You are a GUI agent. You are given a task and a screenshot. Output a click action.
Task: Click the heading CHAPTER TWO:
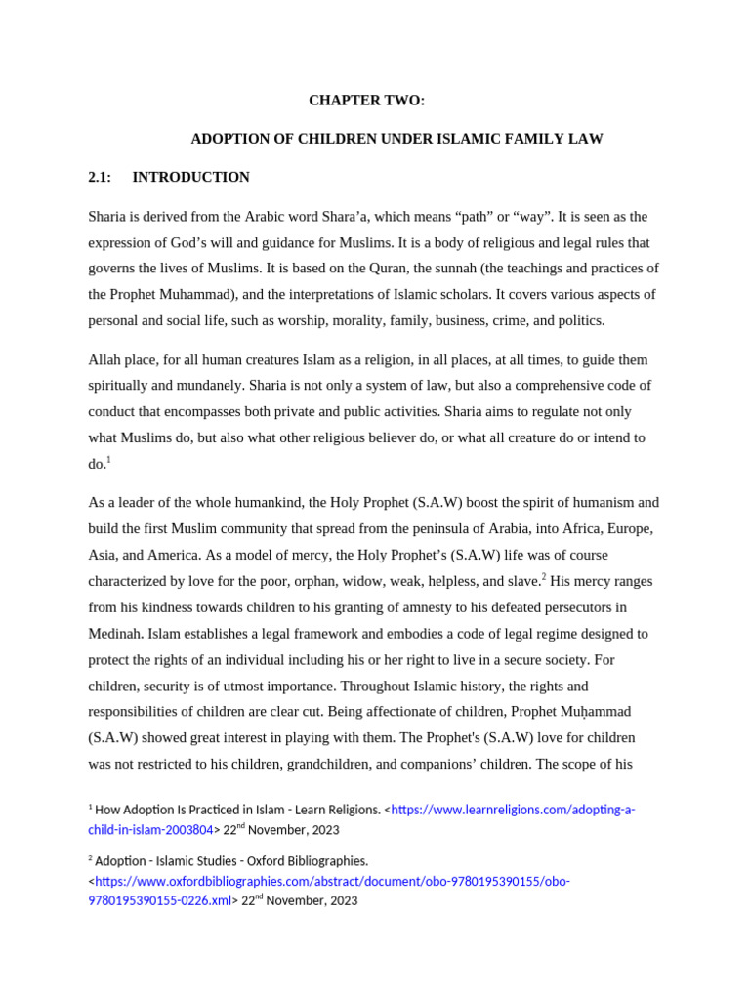click(366, 101)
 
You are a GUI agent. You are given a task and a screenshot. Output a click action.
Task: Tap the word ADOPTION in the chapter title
click(228, 139)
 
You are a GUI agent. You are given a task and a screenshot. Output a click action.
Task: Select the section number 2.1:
click(100, 177)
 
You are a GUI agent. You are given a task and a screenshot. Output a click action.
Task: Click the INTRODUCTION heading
click(190, 177)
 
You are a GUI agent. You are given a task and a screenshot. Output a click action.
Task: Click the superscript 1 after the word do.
click(108, 460)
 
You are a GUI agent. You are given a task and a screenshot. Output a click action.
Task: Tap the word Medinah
click(115, 633)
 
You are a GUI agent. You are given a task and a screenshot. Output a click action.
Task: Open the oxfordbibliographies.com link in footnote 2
click(332, 881)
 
